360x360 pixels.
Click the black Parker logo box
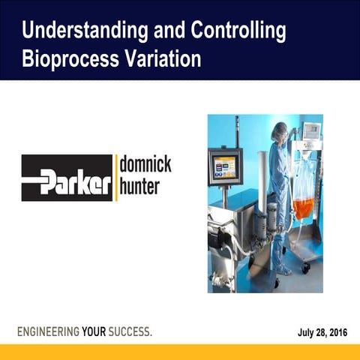tap(67, 178)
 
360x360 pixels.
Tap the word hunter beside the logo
tap(139, 187)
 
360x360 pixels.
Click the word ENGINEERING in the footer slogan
tap(49, 331)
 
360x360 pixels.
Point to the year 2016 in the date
tap(336, 331)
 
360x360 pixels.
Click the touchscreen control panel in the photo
tap(225, 166)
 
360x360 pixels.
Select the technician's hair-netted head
tap(279, 132)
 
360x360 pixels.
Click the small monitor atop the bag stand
tap(310, 132)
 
